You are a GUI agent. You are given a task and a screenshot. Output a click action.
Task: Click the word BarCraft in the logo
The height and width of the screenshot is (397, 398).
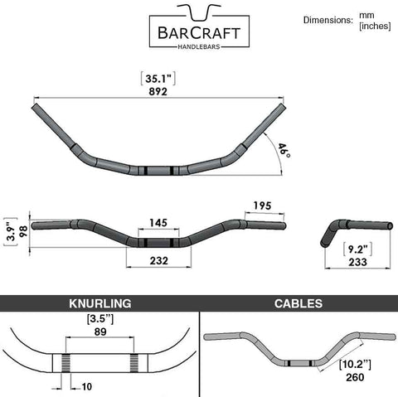(x=199, y=32)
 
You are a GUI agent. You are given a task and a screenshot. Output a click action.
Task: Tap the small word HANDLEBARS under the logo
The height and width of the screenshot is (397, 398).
(x=199, y=46)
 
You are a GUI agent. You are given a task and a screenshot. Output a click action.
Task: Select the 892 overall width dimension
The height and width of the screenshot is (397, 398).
(x=158, y=91)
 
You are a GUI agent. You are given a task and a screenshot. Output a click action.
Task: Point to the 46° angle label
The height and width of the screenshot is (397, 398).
(x=284, y=151)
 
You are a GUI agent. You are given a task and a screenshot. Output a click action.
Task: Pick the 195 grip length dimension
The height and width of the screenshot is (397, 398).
(x=262, y=206)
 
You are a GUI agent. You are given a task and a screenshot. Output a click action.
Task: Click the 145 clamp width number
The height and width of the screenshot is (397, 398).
(x=158, y=223)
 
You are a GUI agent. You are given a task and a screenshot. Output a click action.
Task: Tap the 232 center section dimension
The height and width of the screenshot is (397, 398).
(x=159, y=260)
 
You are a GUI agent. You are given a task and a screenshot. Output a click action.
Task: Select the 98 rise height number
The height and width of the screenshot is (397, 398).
(x=24, y=231)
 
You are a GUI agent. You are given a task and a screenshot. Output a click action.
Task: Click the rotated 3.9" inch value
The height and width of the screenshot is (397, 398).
(x=11, y=232)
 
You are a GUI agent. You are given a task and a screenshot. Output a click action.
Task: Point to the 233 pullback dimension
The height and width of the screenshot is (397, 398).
(x=357, y=262)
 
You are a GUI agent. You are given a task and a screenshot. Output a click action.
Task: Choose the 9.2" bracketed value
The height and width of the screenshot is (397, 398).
(x=357, y=249)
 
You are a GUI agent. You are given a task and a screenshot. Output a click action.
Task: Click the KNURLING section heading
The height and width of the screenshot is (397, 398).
(x=100, y=303)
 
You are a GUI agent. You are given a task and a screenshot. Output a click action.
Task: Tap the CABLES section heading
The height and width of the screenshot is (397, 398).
(x=298, y=303)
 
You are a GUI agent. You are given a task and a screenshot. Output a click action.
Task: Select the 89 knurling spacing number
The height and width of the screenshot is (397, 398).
(x=100, y=332)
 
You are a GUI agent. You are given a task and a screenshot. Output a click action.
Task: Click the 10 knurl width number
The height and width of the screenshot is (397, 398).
(x=86, y=387)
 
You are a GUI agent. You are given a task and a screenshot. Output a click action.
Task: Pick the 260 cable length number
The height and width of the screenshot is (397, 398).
(x=355, y=377)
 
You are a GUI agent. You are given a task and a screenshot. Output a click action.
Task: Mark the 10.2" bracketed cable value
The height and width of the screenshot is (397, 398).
(x=355, y=365)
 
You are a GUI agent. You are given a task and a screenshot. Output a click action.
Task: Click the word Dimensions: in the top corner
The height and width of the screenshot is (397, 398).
(x=328, y=20)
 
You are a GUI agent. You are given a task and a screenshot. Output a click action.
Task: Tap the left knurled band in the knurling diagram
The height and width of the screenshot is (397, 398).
(x=66, y=363)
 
